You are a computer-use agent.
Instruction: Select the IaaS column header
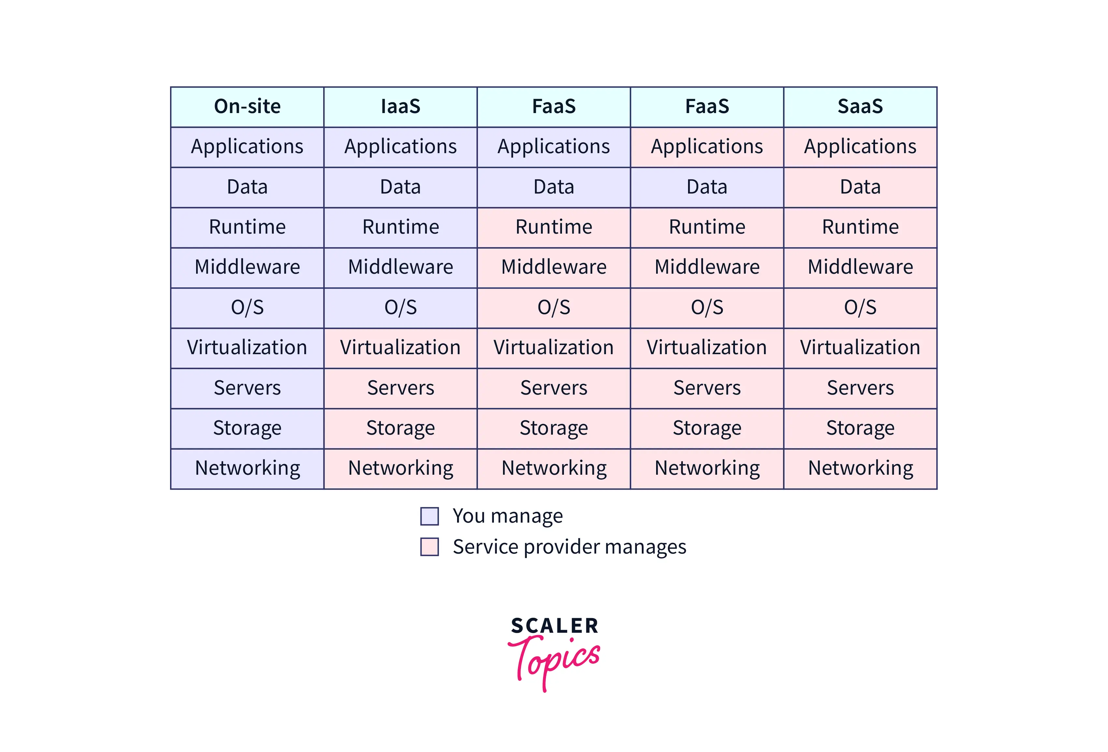tap(400, 107)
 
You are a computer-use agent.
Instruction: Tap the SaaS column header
tap(860, 107)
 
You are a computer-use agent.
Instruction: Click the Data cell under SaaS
tap(860, 187)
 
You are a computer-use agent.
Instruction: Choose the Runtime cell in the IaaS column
tap(400, 227)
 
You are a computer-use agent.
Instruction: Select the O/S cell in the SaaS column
tap(860, 308)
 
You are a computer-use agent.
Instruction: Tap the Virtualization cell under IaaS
tap(400, 348)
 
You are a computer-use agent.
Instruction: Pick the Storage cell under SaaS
tap(860, 428)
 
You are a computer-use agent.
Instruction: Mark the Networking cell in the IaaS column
tap(400, 469)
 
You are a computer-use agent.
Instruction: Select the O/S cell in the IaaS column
tap(400, 308)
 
